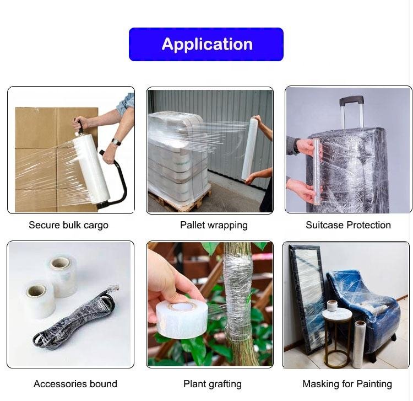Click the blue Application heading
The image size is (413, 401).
[x=206, y=44]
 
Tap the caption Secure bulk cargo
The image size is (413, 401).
[x=68, y=225]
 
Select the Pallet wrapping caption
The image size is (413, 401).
[x=214, y=225]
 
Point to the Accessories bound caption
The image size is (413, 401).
[x=75, y=383]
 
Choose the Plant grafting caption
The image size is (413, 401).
[x=213, y=384]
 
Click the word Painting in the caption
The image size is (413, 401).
[x=374, y=384]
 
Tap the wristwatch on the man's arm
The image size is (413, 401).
[x=116, y=142]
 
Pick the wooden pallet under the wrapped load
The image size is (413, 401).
[x=179, y=201]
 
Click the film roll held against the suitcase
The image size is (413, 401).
[x=317, y=172]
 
